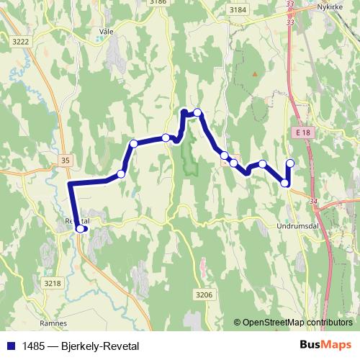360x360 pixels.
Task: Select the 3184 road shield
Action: (x=235, y=9)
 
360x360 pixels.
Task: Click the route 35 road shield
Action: (x=67, y=160)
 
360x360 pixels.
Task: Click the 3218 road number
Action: (x=53, y=284)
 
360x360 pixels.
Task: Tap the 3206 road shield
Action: (x=205, y=294)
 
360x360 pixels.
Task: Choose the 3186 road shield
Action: (x=158, y=3)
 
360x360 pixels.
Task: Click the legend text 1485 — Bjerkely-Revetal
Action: (x=79, y=346)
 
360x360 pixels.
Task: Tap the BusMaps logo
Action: (x=325, y=346)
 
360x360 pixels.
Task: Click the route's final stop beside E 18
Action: (x=290, y=163)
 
